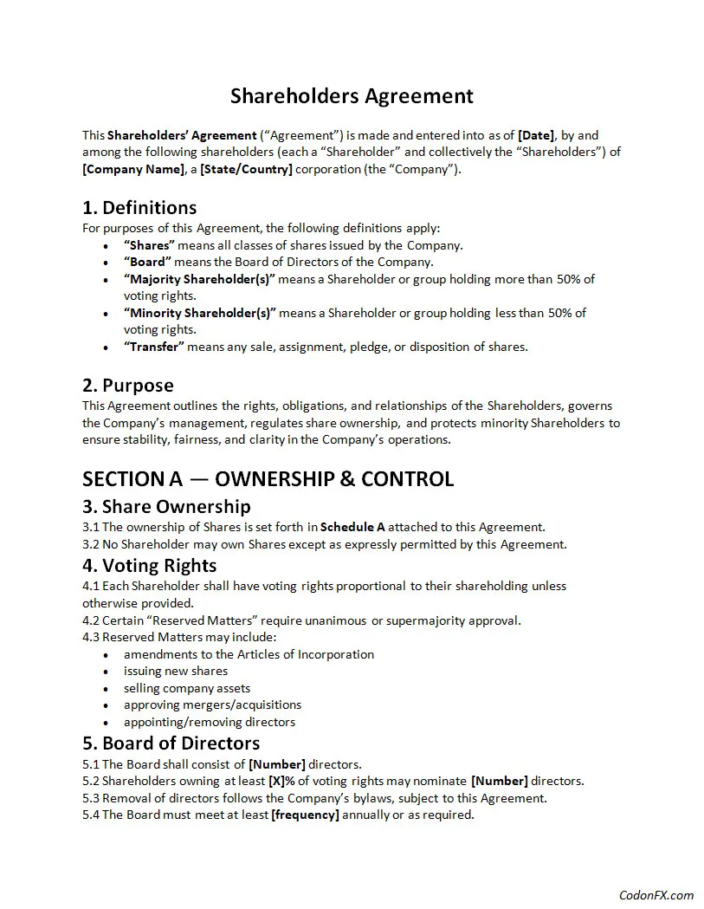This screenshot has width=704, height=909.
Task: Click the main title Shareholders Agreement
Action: (x=352, y=95)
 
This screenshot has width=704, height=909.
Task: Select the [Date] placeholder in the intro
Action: (x=535, y=135)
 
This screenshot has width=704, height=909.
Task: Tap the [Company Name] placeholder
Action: (x=133, y=169)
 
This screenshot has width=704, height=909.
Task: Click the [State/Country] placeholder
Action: (x=246, y=169)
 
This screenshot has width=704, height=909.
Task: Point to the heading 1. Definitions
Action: (x=139, y=208)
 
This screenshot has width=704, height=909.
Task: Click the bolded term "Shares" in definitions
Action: (x=148, y=245)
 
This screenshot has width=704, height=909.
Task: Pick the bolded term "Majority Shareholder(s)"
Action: (x=199, y=279)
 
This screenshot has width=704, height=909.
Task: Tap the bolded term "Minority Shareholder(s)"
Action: (x=199, y=313)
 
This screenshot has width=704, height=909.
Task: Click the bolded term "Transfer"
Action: (x=154, y=347)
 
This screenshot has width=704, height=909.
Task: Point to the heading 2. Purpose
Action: (x=128, y=386)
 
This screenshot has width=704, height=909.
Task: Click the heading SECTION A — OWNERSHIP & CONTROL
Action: (x=268, y=479)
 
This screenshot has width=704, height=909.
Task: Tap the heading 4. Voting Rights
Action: (x=149, y=566)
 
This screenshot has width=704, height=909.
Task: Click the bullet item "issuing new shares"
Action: (x=176, y=672)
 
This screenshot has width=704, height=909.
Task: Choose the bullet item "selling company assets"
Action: (x=187, y=688)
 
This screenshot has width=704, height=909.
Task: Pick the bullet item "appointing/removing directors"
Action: (x=209, y=722)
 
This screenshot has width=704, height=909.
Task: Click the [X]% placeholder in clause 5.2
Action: (x=277, y=781)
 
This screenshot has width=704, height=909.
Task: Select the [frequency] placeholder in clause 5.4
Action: (x=305, y=815)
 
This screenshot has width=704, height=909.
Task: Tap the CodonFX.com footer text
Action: (x=656, y=895)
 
